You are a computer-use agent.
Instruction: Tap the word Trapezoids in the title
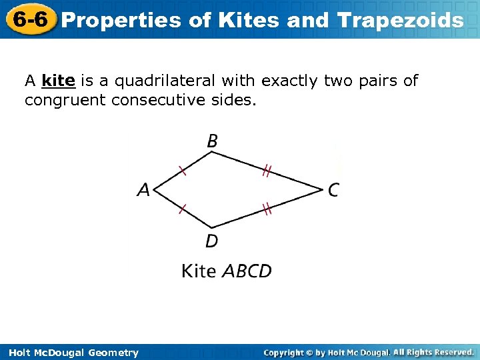(401, 20)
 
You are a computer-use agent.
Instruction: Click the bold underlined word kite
(58, 81)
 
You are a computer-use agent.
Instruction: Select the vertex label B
(212, 141)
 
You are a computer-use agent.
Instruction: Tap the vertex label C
(333, 191)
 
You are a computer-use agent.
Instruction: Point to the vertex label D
(211, 241)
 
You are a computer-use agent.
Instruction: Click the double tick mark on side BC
(266, 172)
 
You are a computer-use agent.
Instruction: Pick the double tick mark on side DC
(267, 210)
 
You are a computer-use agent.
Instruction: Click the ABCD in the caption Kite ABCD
(247, 271)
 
